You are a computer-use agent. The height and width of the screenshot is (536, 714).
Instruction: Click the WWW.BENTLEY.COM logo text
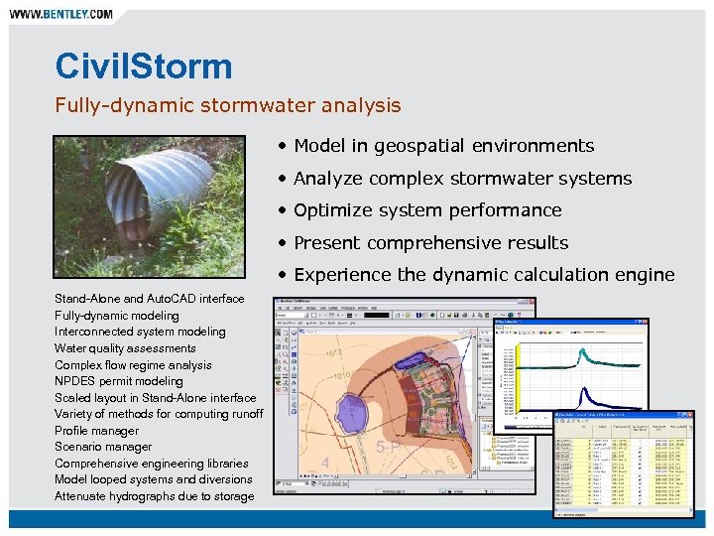coord(60,15)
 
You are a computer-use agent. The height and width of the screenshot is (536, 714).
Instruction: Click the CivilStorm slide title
coord(144,67)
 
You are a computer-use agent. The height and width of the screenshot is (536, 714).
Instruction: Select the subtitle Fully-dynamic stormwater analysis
coord(228,105)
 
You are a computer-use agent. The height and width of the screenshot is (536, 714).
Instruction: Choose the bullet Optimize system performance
coord(427,210)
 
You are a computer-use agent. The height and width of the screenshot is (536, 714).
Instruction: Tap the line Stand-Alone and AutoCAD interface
coord(149,299)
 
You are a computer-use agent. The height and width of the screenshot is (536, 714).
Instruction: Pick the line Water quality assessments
coord(125,348)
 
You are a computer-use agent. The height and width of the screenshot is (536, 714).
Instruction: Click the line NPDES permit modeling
coord(119,381)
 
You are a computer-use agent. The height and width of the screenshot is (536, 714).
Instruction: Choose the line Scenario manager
coord(103,447)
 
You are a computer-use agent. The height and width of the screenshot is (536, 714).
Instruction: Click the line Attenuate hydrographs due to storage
coord(154,496)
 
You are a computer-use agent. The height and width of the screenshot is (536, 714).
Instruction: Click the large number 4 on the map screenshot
coord(325,463)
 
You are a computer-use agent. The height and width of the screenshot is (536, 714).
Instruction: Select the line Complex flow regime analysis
coord(133,365)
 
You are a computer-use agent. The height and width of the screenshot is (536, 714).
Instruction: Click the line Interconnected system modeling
coord(140,332)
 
